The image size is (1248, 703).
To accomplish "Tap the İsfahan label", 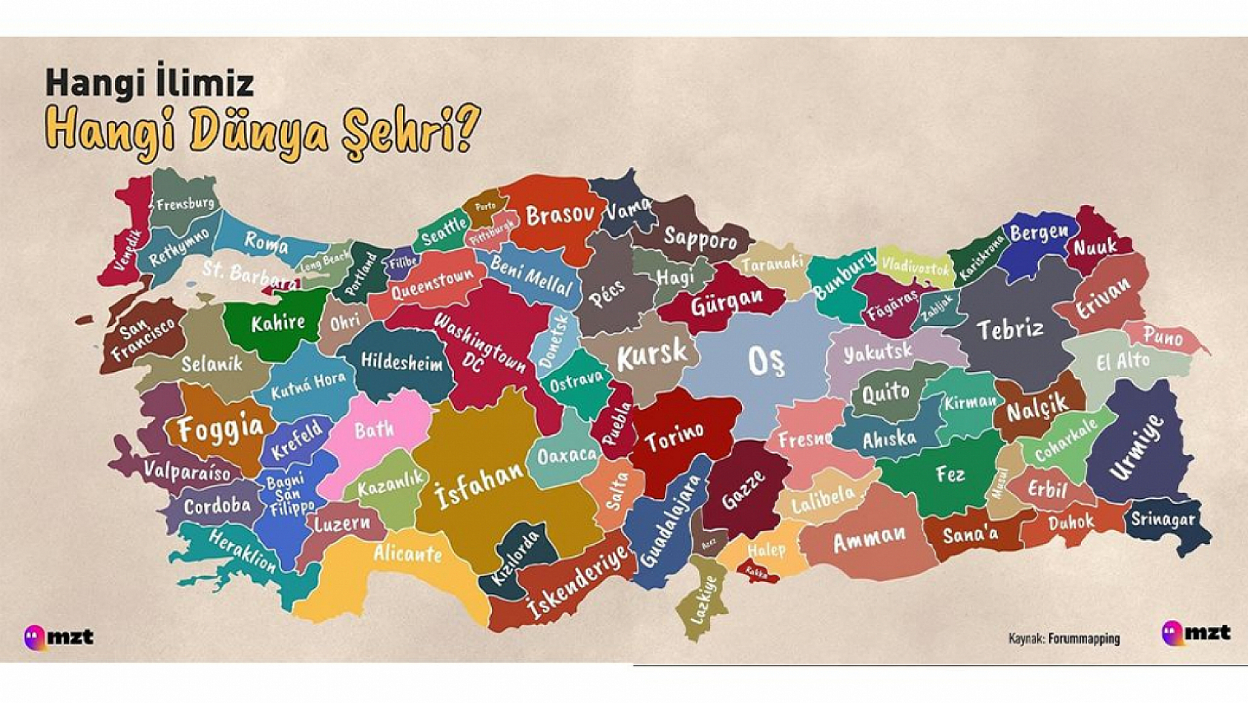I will tap(479, 483).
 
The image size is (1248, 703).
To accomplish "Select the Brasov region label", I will tap(560, 215).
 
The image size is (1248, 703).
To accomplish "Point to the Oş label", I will tap(766, 362).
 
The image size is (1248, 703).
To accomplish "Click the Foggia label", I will tap(220, 428).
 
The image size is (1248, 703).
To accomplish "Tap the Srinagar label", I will tap(1162, 519).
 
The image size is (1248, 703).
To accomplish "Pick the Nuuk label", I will tap(1095, 246).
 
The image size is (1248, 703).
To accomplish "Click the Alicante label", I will tap(407, 553).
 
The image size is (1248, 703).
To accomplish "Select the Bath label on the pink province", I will tap(374, 429).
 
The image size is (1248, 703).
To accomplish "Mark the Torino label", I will tap(674, 436).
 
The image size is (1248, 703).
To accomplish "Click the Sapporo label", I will tap(700, 239).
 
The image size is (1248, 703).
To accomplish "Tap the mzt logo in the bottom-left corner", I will tap(59, 637).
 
